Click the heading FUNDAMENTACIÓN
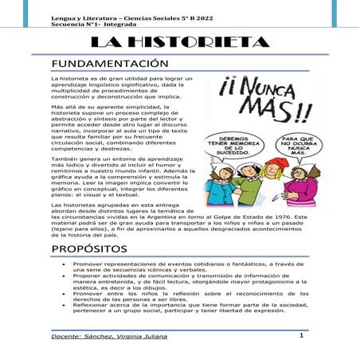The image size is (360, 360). pos(109,63)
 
